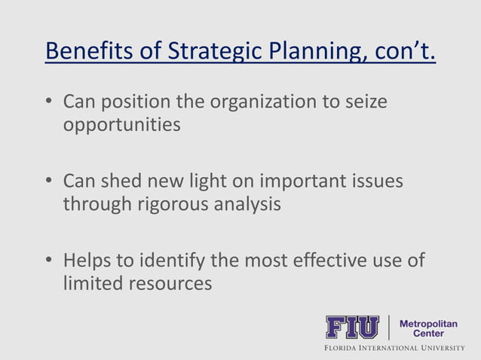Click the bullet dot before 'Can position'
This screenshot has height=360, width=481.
point(51,102)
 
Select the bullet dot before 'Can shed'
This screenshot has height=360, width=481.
point(51,182)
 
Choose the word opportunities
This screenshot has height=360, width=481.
point(121,124)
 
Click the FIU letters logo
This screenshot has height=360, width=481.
point(351,328)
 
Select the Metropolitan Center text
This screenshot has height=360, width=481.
point(427,328)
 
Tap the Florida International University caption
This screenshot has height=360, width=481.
point(394,348)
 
